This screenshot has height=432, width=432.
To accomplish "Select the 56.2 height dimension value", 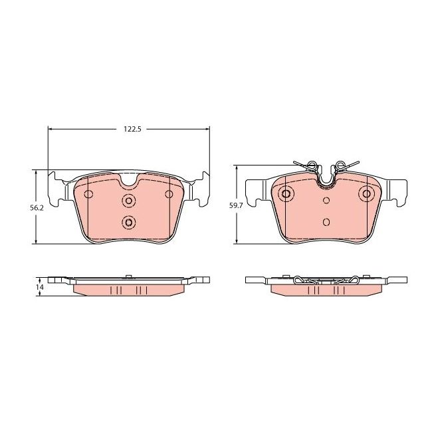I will [38, 207].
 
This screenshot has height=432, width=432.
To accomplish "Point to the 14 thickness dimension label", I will [39, 286].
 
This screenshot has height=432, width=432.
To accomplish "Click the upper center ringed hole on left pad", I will [129, 201].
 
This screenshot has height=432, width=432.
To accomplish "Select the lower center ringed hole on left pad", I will [129, 222].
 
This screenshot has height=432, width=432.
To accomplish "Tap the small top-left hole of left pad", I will [89, 194].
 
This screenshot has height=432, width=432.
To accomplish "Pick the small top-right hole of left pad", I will [169, 194].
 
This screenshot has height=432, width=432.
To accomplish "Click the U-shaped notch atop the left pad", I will [129, 179].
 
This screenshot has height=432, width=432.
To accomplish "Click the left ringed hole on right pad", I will [286, 193].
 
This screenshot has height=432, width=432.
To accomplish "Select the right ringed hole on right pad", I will [366, 193].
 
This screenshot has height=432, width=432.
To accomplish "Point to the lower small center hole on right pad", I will [326, 222].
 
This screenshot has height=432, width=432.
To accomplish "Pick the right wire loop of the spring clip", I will [340, 165].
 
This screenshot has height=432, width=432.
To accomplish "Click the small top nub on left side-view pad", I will [126, 275].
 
